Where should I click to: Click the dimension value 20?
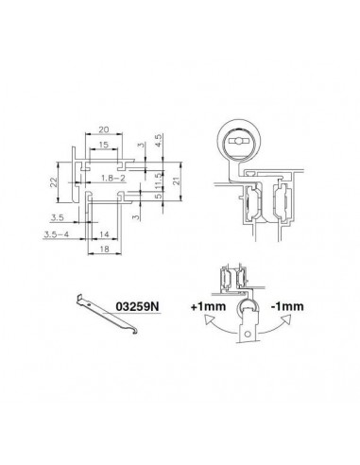(x=104, y=129)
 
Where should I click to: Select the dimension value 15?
(x=103, y=145)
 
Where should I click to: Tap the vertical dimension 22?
(x=54, y=182)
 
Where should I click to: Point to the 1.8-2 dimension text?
(x=113, y=178)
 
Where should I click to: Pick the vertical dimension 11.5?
(x=159, y=181)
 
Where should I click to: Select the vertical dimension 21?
(x=176, y=181)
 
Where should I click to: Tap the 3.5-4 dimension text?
(x=57, y=234)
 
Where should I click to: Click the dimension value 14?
(x=104, y=234)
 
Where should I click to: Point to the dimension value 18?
(x=104, y=249)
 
